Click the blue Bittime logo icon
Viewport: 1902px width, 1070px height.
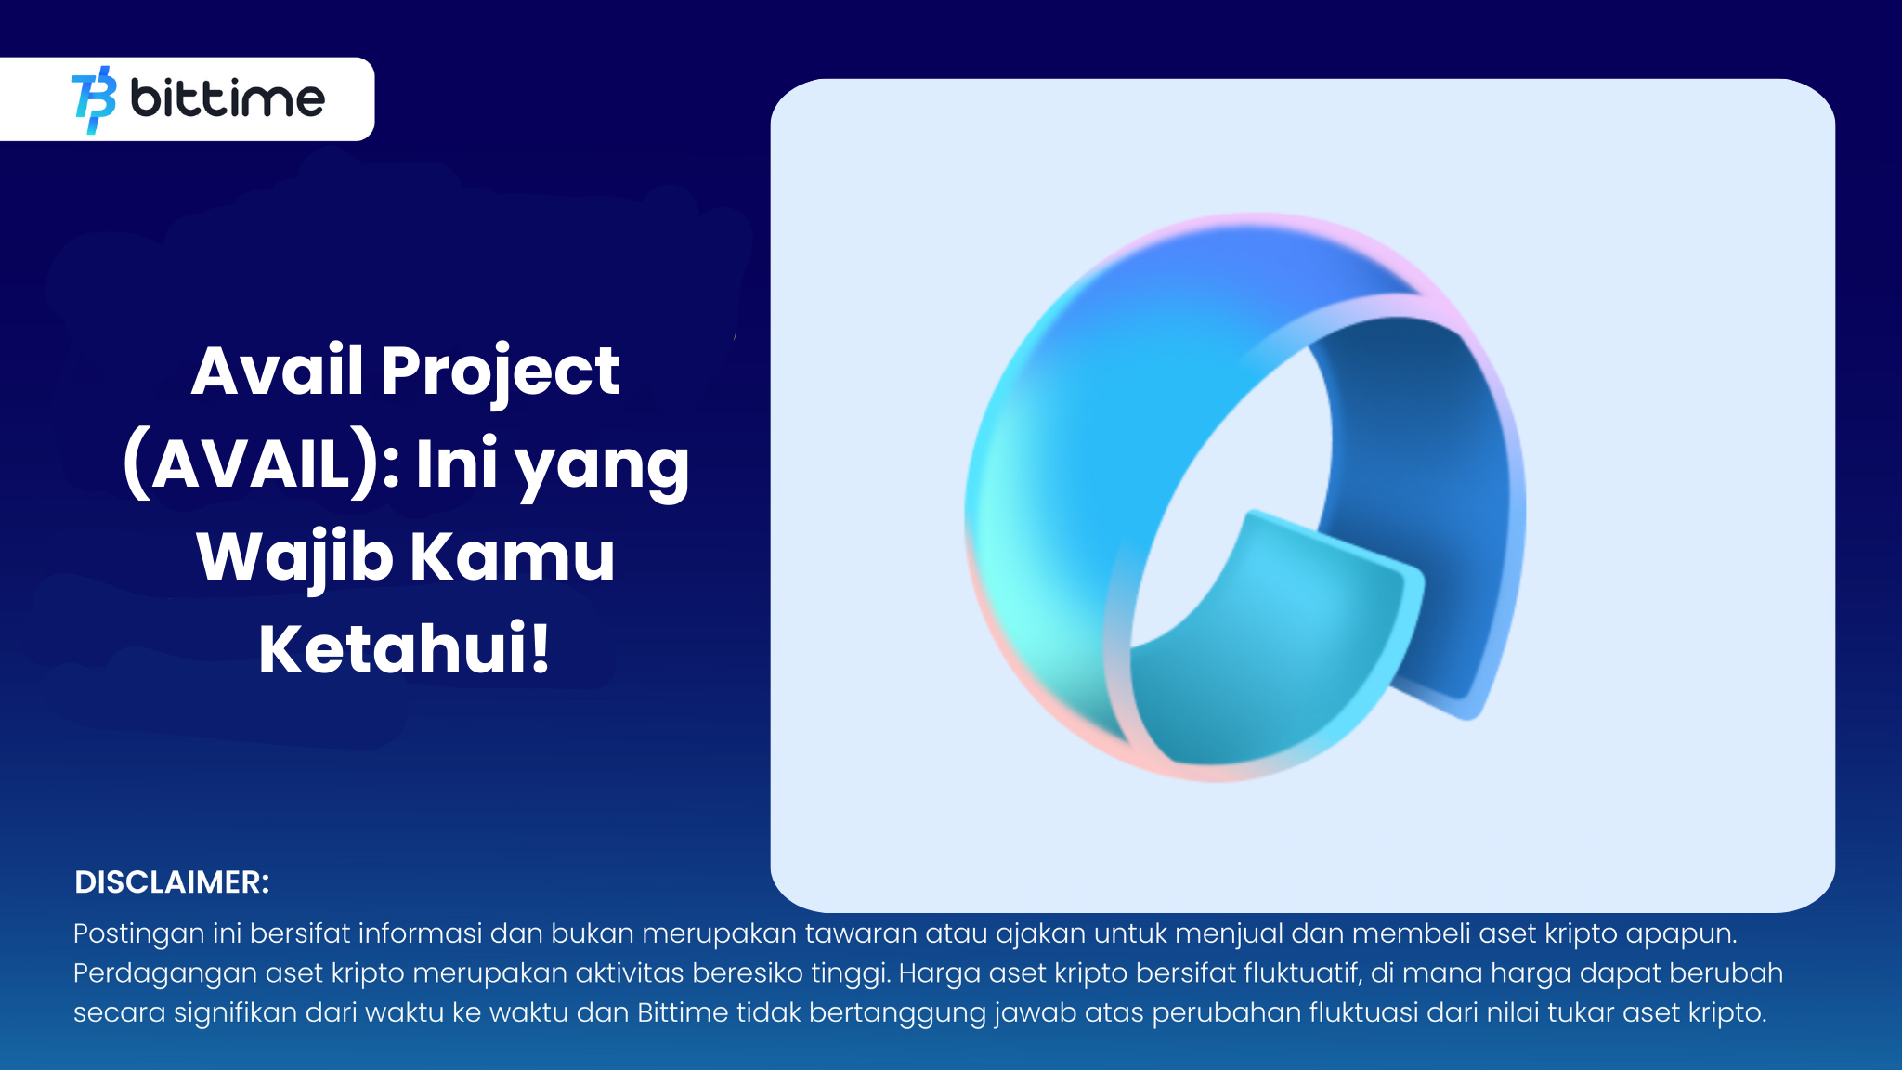point(94,99)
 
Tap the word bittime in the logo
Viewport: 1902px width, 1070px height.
point(228,98)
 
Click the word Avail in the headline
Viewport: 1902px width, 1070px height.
point(277,371)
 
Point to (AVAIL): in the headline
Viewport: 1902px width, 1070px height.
point(261,463)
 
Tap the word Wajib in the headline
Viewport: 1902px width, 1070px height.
point(294,557)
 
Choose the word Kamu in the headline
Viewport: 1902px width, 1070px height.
point(513,556)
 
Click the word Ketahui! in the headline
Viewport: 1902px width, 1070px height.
point(405,648)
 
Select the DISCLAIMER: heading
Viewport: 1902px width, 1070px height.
point(172,882)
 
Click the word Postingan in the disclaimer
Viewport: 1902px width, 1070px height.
point(138,933)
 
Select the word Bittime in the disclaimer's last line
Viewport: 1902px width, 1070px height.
point(683,1011)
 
